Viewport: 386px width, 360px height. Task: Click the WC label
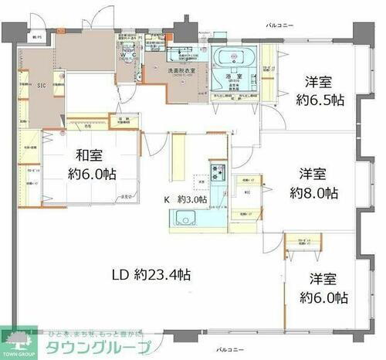(134, 56)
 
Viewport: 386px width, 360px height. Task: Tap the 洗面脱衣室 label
(183, 70)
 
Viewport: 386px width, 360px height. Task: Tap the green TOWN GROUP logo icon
(17, 337)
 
